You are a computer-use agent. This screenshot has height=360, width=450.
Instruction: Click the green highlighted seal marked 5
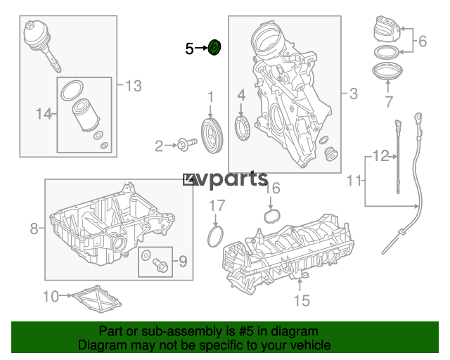[x=214, y=47]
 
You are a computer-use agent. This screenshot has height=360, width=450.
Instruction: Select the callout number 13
[x=134, y=86]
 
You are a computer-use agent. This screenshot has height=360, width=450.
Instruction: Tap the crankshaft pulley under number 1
[x=212, y=136]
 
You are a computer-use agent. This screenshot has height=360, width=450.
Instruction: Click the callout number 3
[x=354, y=94]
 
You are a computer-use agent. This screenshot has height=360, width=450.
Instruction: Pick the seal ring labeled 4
[x=243, y=127]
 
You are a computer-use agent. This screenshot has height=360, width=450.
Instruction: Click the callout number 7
[x=388, y=101]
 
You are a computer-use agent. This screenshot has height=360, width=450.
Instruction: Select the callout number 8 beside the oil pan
[x=34, y=229]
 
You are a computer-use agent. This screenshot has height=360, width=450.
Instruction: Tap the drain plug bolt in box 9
[x=161, y=265]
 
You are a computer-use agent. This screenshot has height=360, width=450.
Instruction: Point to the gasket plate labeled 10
[x=98, y=299]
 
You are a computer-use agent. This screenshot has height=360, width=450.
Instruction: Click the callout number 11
[x=354, y=181]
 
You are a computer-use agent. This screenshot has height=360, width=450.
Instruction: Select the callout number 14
[x=44, y=114]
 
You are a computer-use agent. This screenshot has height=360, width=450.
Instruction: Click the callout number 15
[x=302, y=300]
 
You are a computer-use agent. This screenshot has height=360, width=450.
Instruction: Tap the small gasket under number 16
[x=271, y=217]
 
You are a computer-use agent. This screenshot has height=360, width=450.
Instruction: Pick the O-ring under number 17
[x=215, y=236]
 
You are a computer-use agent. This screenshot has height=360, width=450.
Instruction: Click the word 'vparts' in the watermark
[x=232, y=180]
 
